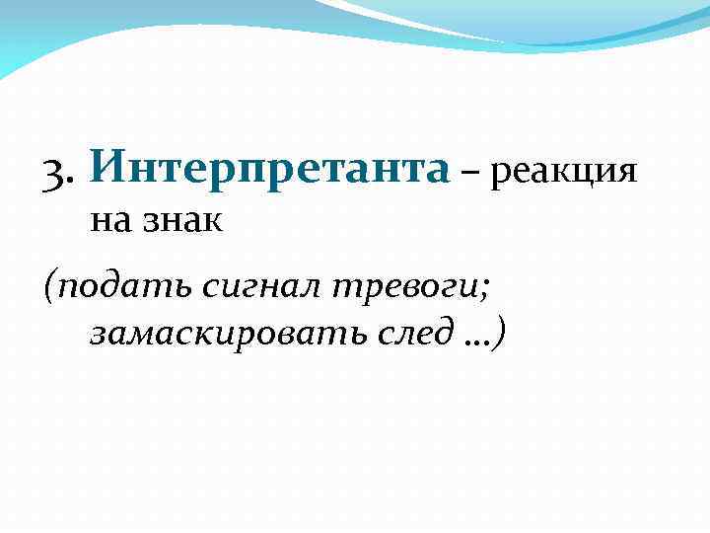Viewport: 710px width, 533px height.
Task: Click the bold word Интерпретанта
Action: pyautogui.click(x=268, y=167)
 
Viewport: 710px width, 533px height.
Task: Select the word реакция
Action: pyautogui.click(x=563, y=174)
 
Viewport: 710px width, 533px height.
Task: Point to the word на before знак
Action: pyautogui.click(x=109, y=220)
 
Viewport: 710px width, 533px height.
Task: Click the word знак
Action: pyautogui.click(x=183, y=219)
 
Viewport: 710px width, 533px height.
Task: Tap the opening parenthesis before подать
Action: pyautogui.click(x=50, y=287)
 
